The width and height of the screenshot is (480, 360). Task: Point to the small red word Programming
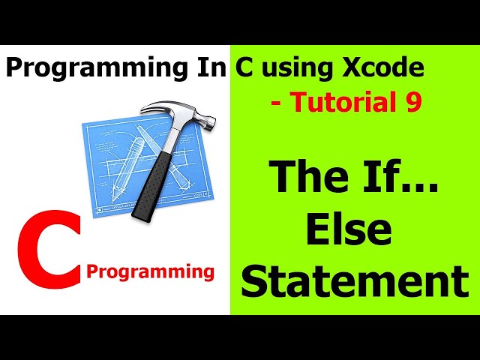pos(150,271)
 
